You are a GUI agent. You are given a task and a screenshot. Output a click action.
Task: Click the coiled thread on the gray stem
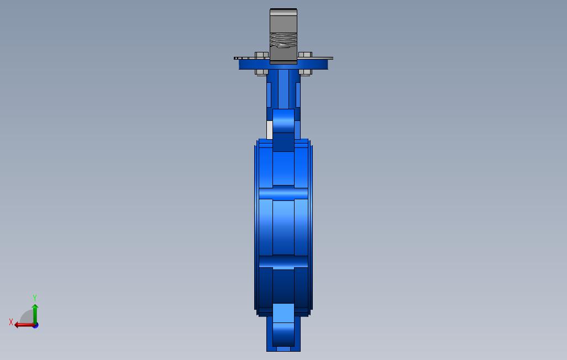(283, 40)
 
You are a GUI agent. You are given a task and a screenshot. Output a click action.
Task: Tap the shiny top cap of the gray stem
(283, 12)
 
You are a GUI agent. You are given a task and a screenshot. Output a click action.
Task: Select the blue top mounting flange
(283, 65)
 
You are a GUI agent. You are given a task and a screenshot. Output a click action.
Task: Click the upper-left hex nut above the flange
(262, 55)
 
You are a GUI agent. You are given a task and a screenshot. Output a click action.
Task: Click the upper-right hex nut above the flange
(305, 55)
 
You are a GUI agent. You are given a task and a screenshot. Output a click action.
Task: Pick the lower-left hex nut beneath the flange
(262, 72)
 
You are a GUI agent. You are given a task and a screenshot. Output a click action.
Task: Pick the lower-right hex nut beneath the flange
(305, 72)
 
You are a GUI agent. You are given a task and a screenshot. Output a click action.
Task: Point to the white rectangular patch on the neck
(269, 130)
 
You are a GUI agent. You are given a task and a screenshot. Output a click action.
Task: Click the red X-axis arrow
(24, 325)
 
